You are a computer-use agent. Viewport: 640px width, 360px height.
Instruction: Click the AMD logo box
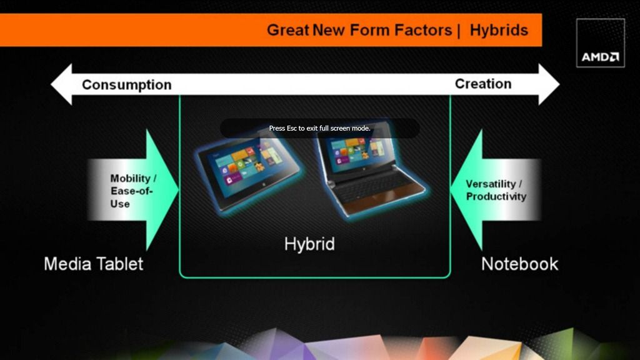click(600, 43)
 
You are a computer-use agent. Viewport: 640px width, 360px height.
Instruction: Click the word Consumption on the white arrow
click(126, 85)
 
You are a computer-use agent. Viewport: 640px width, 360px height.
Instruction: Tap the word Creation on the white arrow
click(483, 84)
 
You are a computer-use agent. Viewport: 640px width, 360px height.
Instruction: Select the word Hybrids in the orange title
click(499, 30)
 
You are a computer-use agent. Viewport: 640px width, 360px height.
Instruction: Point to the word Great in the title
click(287, 30)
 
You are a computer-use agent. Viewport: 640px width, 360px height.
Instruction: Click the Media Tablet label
click(94, 264)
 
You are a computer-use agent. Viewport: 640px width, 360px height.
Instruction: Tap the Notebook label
click(519, 264)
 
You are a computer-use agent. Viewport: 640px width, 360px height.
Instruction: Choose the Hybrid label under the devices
click(309, 244)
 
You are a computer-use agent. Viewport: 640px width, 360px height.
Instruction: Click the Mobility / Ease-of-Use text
click(133, 191)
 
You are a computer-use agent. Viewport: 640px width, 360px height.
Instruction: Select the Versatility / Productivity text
click(496, 190)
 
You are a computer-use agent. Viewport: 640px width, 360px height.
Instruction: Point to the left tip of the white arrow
click(51, 84)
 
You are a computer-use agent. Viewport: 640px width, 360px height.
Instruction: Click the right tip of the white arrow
click(559, 84)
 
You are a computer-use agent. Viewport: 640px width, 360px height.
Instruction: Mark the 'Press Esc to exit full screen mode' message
click(319, 128)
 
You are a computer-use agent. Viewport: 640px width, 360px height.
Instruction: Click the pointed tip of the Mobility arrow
click(178, 189)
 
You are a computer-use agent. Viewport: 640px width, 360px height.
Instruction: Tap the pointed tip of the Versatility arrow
click(451, 189)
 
